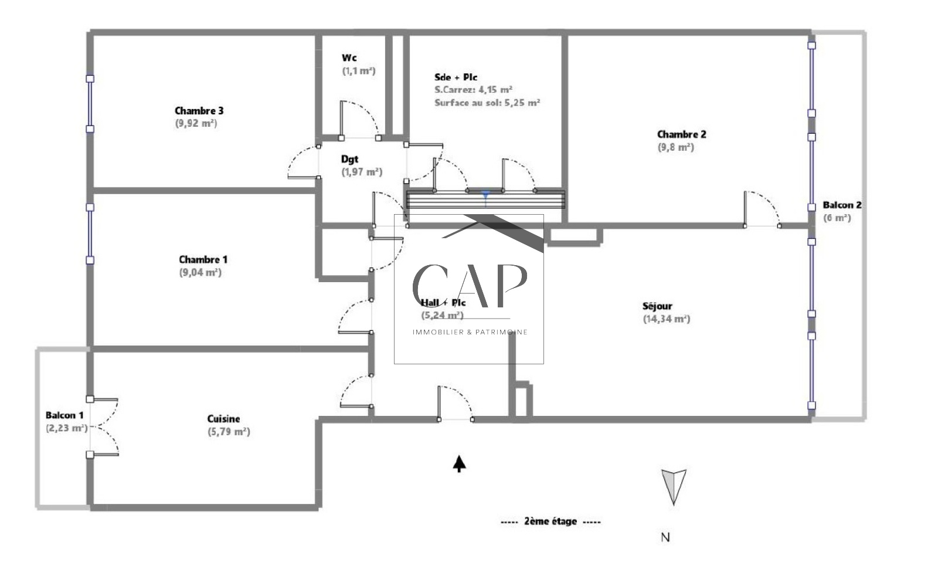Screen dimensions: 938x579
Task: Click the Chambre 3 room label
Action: coord(199,111)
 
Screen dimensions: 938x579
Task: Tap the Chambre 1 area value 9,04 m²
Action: coord(200,272)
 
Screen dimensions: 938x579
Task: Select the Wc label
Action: coord(349,58)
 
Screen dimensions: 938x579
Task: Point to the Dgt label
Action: coord(349,159)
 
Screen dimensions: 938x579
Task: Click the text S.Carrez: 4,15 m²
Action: coord(473,89)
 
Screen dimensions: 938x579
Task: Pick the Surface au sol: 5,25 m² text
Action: coord(487,103)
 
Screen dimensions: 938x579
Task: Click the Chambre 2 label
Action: coord(681,134)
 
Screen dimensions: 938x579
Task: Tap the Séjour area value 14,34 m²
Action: coord(666,319)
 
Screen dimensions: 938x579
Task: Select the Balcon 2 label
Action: coord(842,205)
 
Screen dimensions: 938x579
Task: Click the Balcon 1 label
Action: coord(64,415)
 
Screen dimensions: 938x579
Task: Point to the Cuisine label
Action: coord(223,418)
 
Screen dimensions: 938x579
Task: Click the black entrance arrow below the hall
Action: coord(460,463)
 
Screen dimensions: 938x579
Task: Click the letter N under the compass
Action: coord(665,537)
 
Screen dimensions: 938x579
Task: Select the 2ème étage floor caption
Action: coord(550,522)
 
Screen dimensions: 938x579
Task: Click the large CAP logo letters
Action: coord(469,286)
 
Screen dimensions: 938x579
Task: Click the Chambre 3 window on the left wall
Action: coord(90,104)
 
